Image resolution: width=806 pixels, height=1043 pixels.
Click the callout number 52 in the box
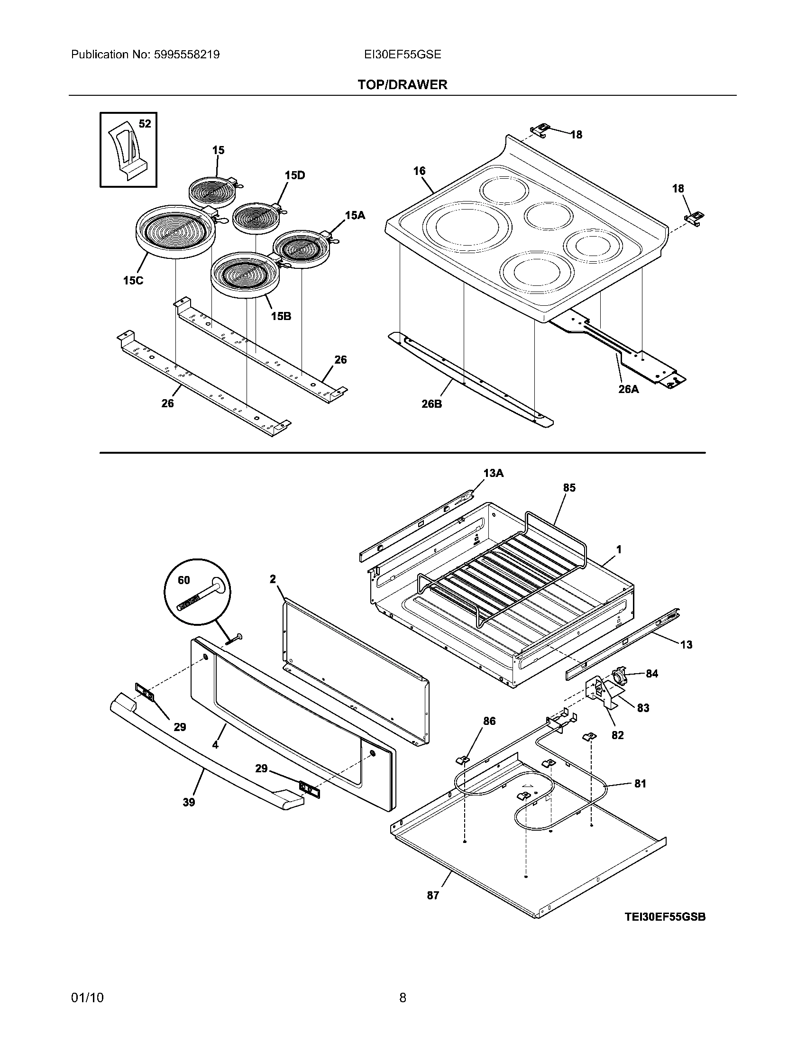tap(145, 124)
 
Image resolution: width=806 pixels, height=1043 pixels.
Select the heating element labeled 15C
tap(175, 232)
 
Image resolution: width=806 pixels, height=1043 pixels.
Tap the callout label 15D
tap(294, 175)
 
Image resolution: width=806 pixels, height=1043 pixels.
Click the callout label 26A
tap(628, 389)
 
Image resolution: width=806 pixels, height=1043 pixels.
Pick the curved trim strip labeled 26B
tap(470, 382)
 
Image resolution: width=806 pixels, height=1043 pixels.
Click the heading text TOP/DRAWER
tap(403, 85)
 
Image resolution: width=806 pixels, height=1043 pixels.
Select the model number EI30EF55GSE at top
tap(402, 55)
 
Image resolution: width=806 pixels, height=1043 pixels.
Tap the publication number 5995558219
tap(186, 55)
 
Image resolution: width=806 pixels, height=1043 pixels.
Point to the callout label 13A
tap(493, 473)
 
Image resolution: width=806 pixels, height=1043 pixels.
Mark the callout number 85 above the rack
tap(569, 487)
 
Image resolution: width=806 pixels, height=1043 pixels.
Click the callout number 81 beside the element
tap(640, 784)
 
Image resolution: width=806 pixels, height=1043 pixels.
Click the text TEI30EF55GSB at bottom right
tap(665, 917)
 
